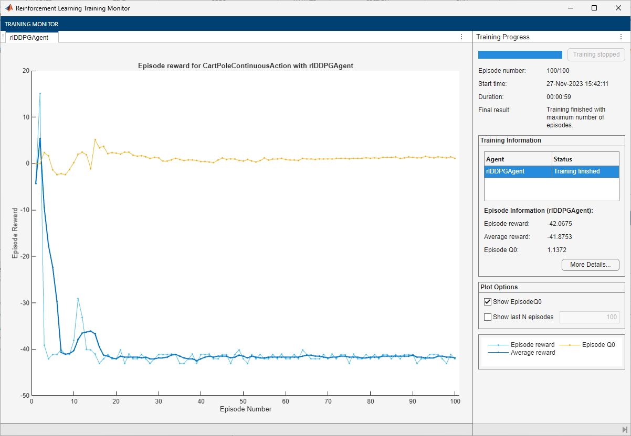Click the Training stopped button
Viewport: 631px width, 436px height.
tap(596, 54)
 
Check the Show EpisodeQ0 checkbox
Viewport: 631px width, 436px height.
tap(488, 302)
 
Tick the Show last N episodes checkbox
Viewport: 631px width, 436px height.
tap(488, 317)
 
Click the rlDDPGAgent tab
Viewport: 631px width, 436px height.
tap(29, 37)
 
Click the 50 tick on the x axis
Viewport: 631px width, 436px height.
tap(243, 401)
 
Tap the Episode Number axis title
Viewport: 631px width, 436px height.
tap(246, 409)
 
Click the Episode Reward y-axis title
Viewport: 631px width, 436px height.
tap(15, 233)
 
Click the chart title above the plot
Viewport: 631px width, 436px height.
tap(245, 66)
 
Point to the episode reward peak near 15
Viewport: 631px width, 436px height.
tap(40, 93)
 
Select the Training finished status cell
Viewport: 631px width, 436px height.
tap(576, 171)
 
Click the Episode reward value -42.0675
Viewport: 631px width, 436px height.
tap(559, 224)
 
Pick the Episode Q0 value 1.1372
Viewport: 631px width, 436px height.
tap(556, 250)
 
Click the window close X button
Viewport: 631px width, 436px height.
tap(618, 8)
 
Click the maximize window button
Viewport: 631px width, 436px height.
tap(594, 8)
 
